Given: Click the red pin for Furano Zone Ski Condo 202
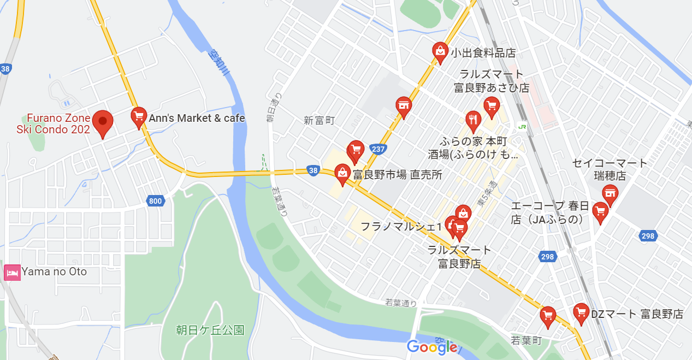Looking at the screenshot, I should pos(102,122).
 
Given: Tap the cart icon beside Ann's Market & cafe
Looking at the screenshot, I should pos(139,116).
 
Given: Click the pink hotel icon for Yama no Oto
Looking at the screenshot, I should pos(12,272).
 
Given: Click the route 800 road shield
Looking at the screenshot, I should pos(155,201).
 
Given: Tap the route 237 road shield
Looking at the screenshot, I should pos(378,149).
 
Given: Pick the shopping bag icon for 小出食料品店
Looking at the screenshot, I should pos(440,51).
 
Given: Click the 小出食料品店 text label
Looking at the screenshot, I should pos(483,53).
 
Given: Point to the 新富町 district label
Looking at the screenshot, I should pos(319,121).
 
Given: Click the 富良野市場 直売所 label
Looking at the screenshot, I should pos(397,175).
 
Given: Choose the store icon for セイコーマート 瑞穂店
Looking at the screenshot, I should pos(610,193).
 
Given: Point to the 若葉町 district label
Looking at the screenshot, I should pos(526,340).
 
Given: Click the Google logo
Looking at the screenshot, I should pos(431,347).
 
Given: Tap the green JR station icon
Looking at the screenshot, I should pos(523,127).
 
